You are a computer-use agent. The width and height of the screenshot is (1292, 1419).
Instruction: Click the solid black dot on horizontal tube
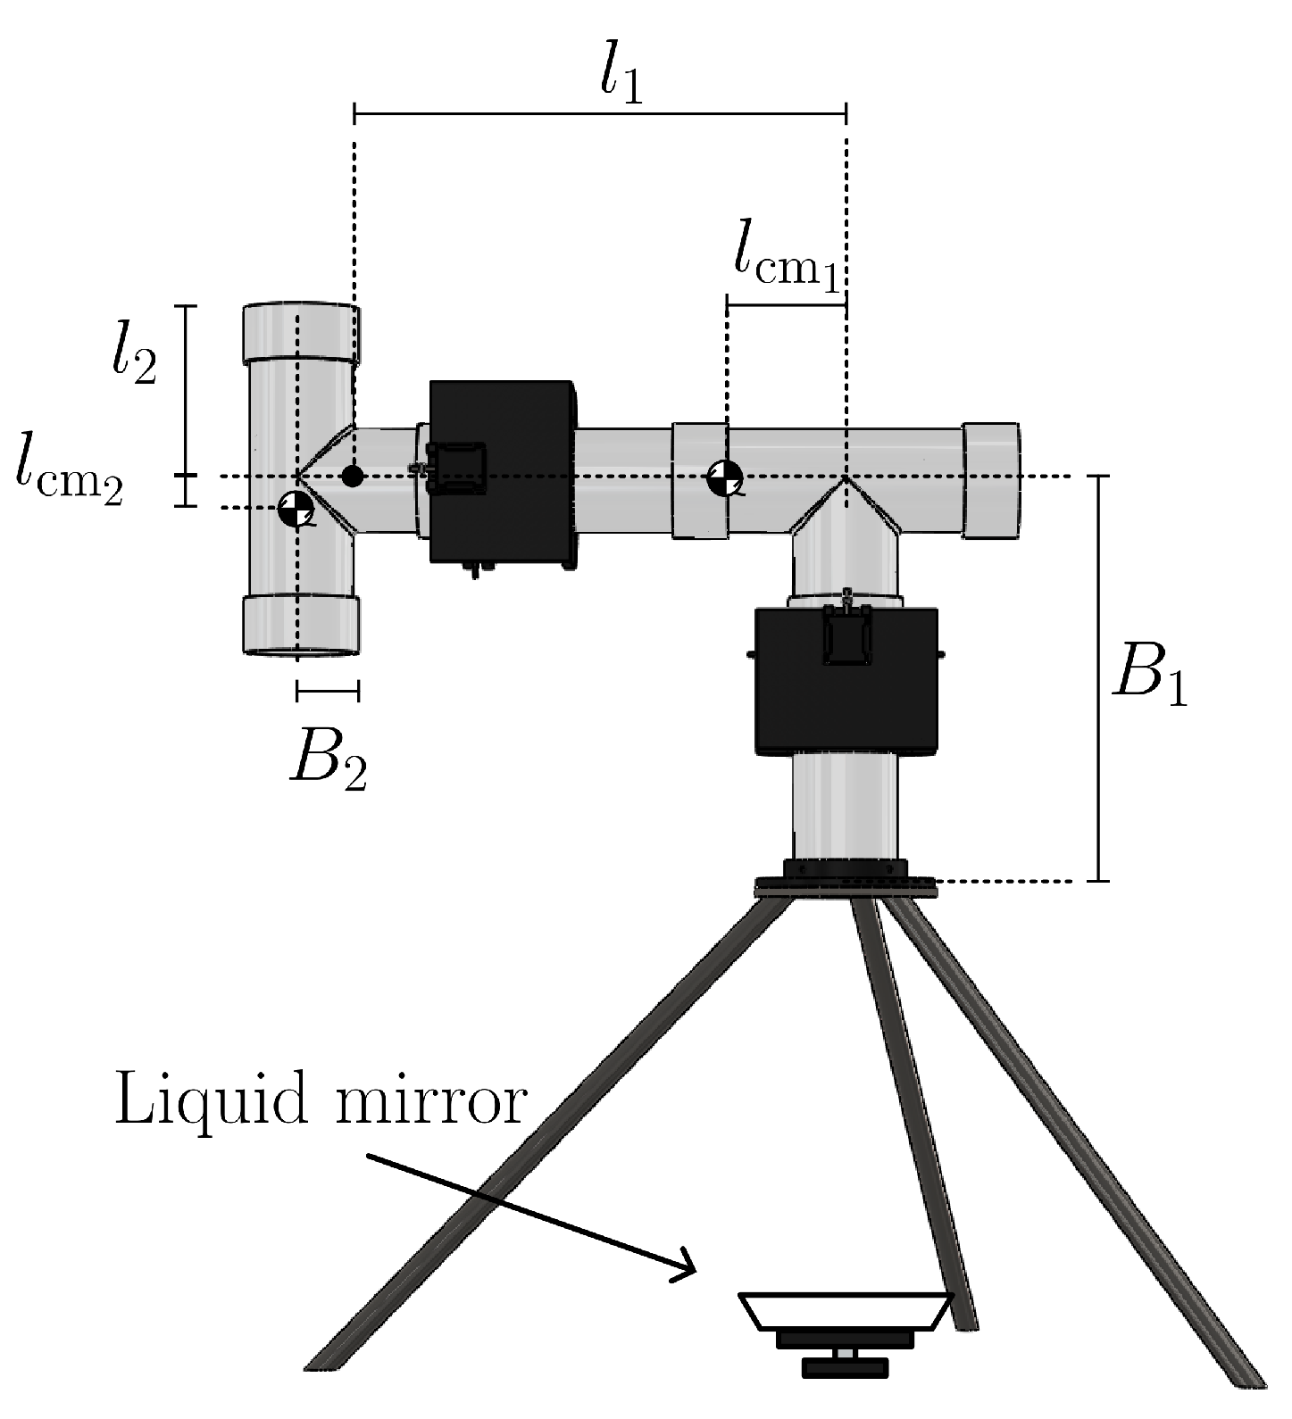click(353, 476)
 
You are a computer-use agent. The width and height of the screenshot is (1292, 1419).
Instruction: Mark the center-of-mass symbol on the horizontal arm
click(725, 477)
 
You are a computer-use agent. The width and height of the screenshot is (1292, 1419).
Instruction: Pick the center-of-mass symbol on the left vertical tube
click(295, 509)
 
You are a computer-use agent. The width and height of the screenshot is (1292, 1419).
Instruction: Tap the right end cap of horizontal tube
click(990, 480)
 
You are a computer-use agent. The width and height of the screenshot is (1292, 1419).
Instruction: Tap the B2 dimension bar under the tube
click(328, 689)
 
